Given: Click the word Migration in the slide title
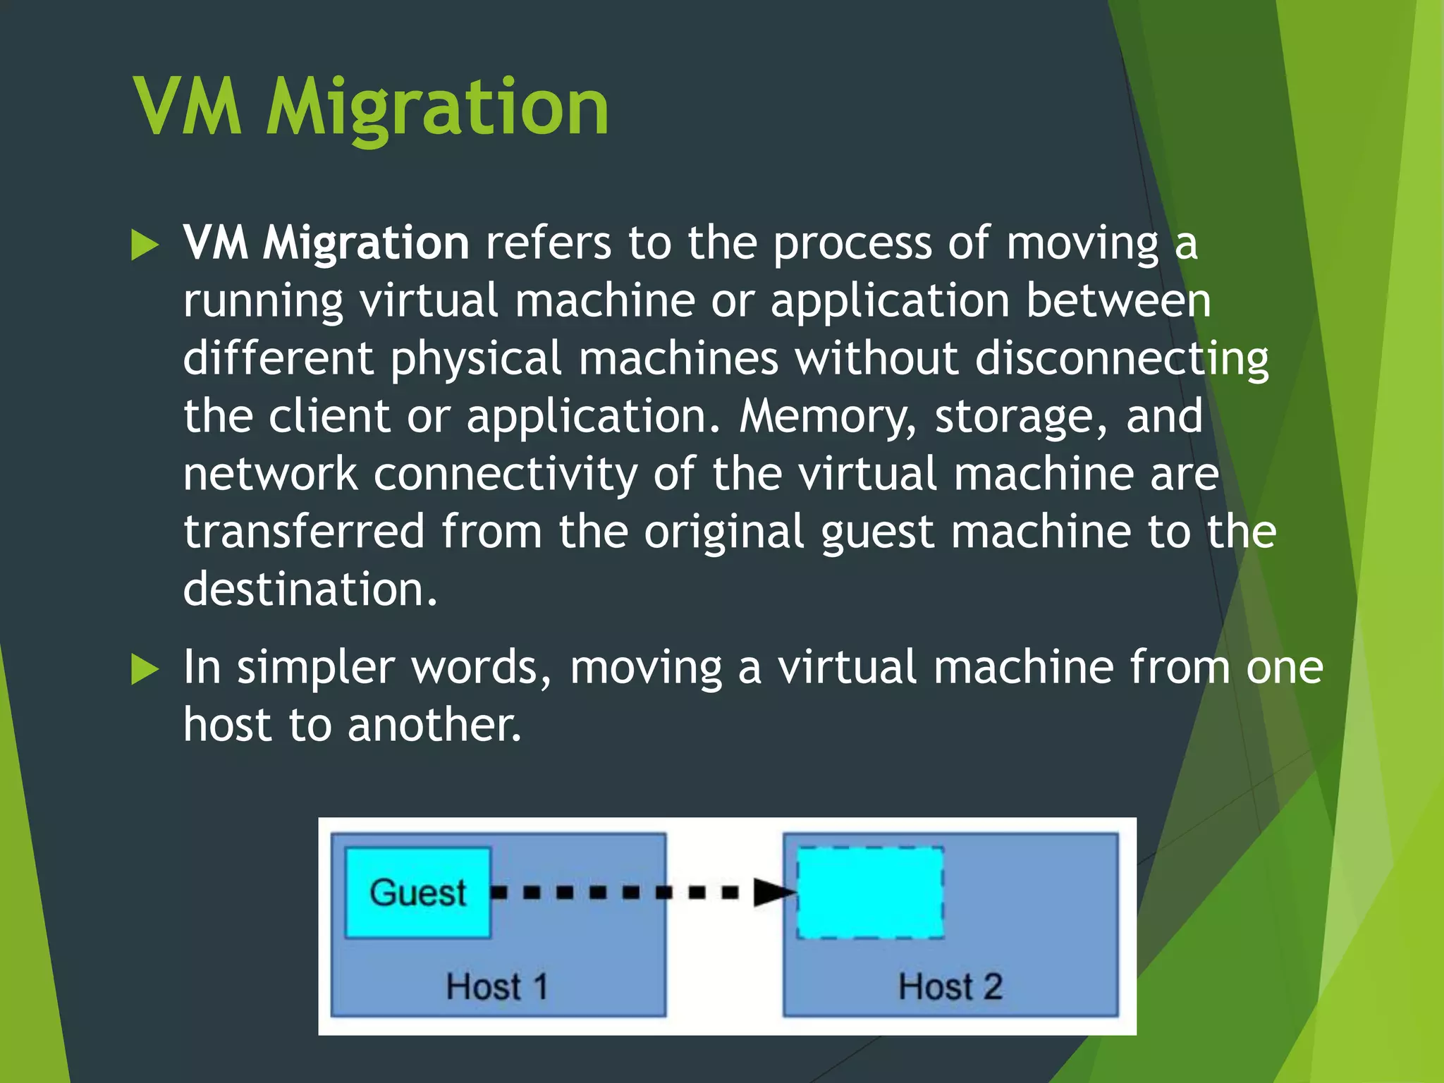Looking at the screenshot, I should (x=437, y=109).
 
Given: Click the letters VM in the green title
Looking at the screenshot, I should (x=188, y=107).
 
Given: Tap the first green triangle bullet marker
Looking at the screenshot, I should (x=145, y=246).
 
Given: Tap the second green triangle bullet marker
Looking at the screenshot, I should (x=145, y=670).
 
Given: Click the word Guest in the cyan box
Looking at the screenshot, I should (x=417, y=893).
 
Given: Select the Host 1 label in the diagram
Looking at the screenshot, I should (x=497, y=986).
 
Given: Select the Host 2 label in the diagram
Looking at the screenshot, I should (x=950, y=986).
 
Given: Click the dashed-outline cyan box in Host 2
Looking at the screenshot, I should (x=870, y=893).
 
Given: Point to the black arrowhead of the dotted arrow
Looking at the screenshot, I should (x=773, y=893).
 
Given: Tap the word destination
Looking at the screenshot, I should (x=310, y=589).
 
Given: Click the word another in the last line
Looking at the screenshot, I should (x=434, y=725).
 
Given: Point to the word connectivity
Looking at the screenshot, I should (x=505, y=474).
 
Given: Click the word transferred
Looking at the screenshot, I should (x=304, y=532).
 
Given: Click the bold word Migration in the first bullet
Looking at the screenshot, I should (x=366, y=244).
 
